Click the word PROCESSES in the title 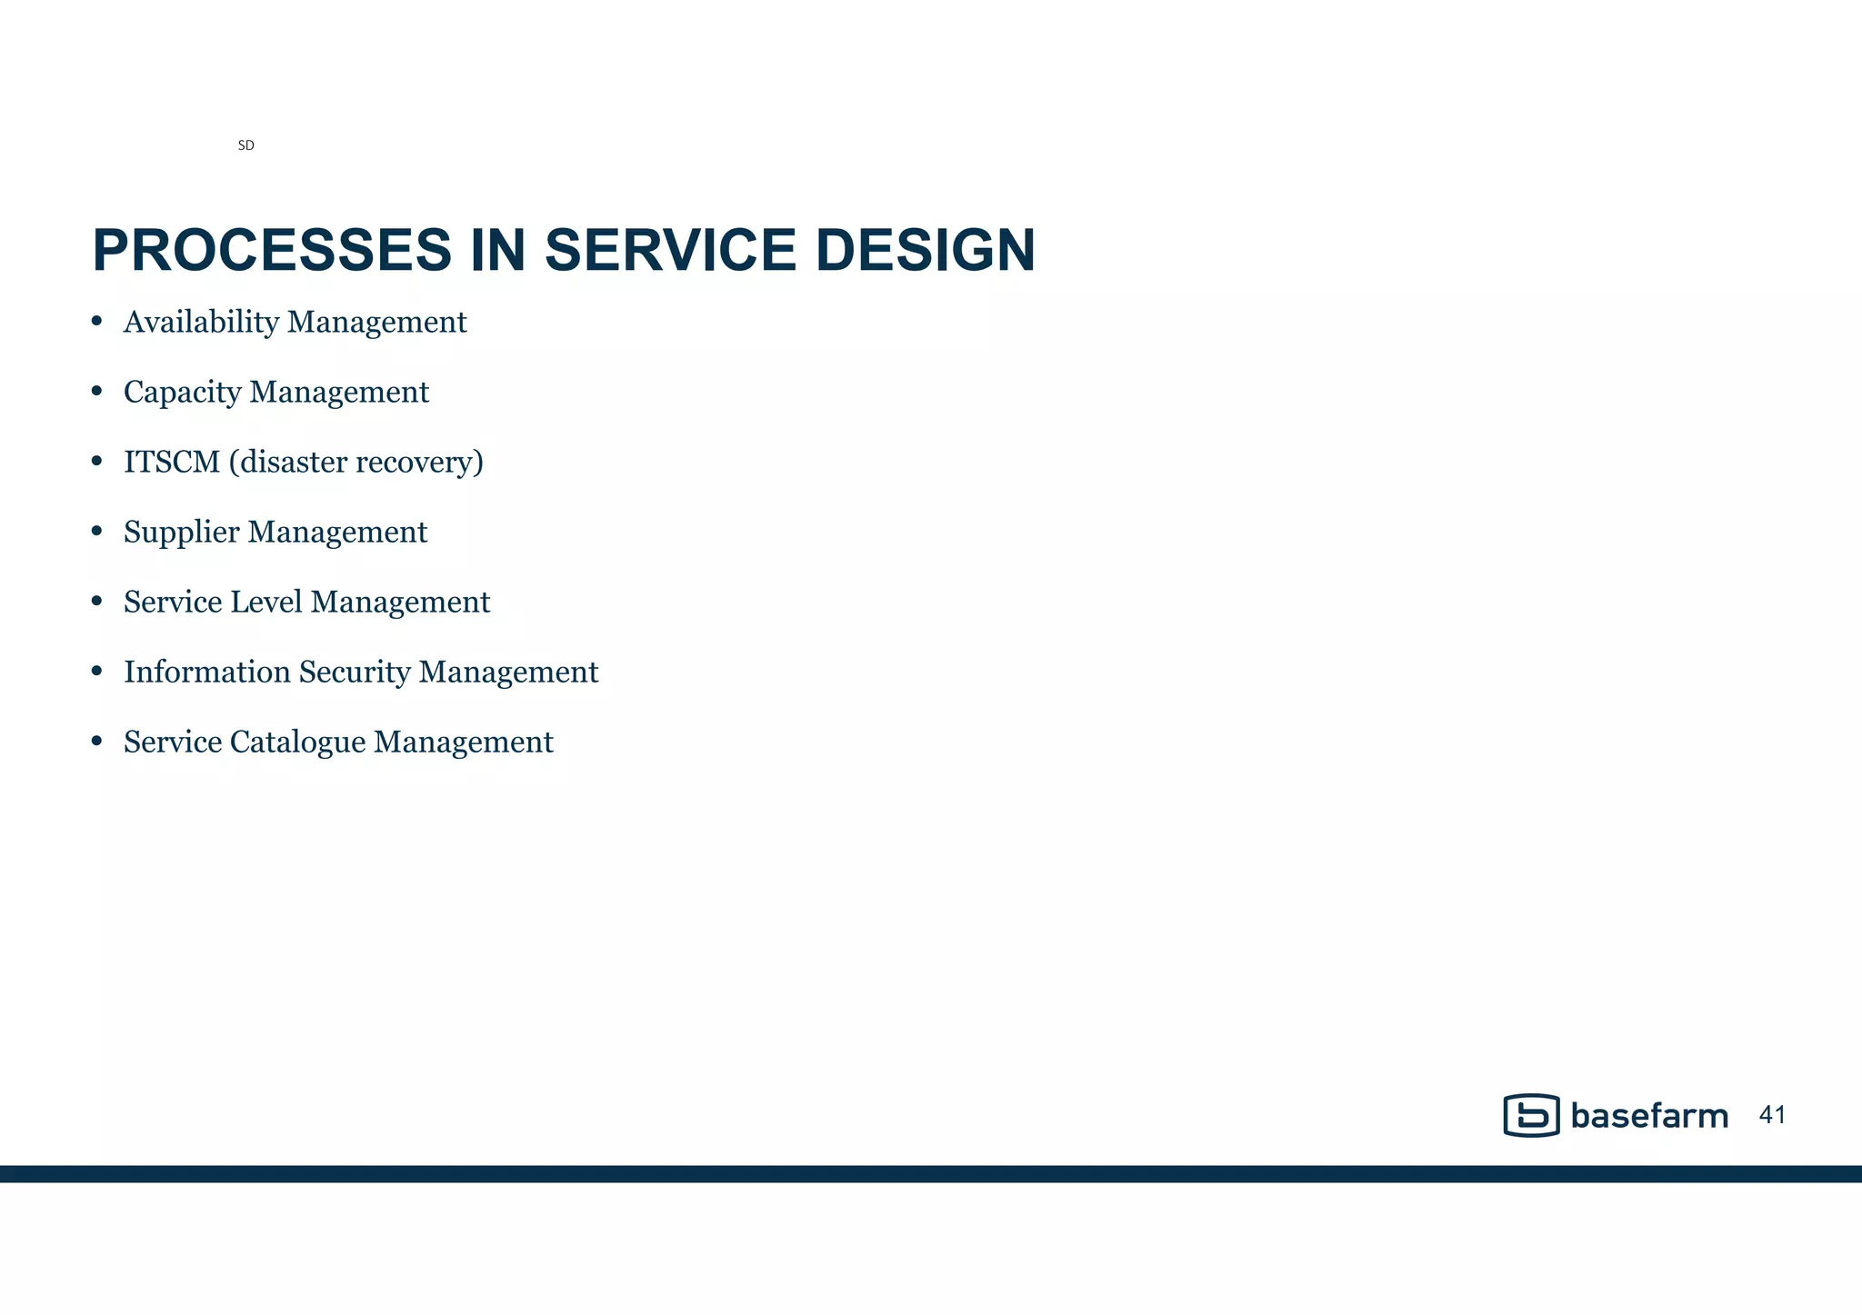(x=272, y=251)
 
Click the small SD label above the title (x=245, y=145)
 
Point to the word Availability (x=201, y=323)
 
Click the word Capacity (x=182, y=393)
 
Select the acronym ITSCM (x=172, y=463)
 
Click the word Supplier (x=181, y=533)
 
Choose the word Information (x=206, y=672)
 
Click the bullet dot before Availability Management (x=97, y=322)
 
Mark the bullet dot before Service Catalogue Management (x=97, y=742)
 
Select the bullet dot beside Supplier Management (x=97, y=532)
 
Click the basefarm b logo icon (x=1531, y=1115)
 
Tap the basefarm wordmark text (x=1648, y=1116)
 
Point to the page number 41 (x=1773, y=1115)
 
